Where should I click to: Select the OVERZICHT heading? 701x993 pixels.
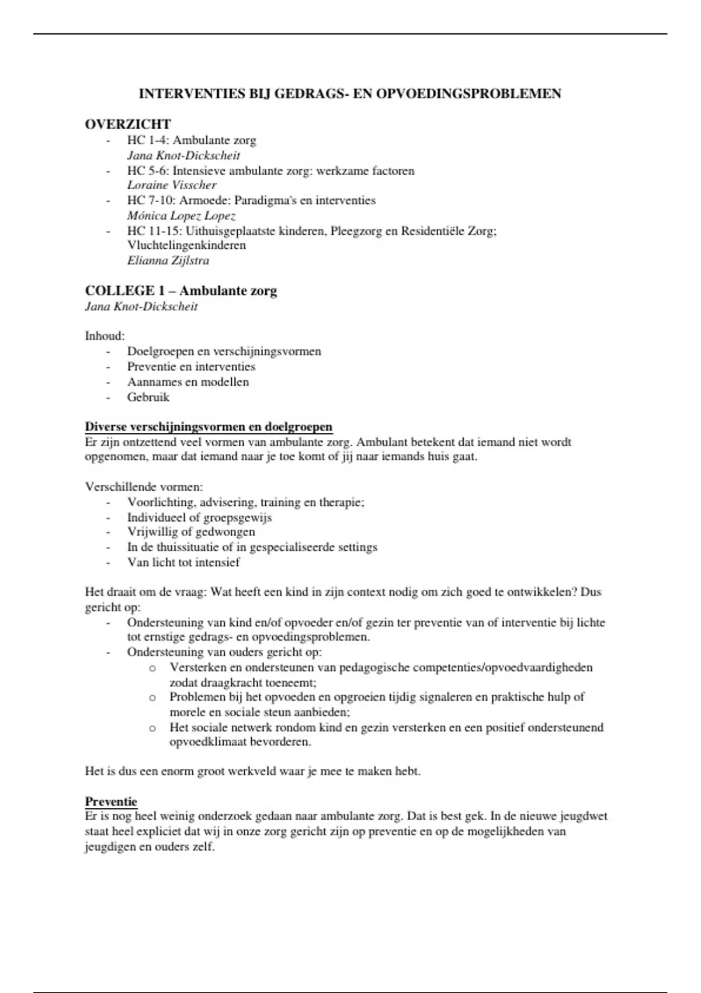[128, 124]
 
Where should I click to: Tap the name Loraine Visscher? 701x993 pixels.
[172, 185]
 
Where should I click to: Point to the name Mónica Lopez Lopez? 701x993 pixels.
[181, 216]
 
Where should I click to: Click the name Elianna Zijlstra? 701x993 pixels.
[168, 261]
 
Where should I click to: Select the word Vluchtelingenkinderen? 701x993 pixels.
[186, 245]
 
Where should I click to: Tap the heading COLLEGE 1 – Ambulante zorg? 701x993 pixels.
[181, 291]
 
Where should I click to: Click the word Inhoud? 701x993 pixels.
[104, 336]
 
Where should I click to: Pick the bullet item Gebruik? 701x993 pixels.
[148, 397]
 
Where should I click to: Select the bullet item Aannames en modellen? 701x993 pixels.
[188, 382]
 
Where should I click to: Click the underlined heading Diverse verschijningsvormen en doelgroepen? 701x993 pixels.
[209, 427]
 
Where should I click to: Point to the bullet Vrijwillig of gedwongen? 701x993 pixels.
[191, 532]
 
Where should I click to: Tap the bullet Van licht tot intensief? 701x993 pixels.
[183, 563]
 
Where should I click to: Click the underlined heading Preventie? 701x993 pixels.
[111, 801]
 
